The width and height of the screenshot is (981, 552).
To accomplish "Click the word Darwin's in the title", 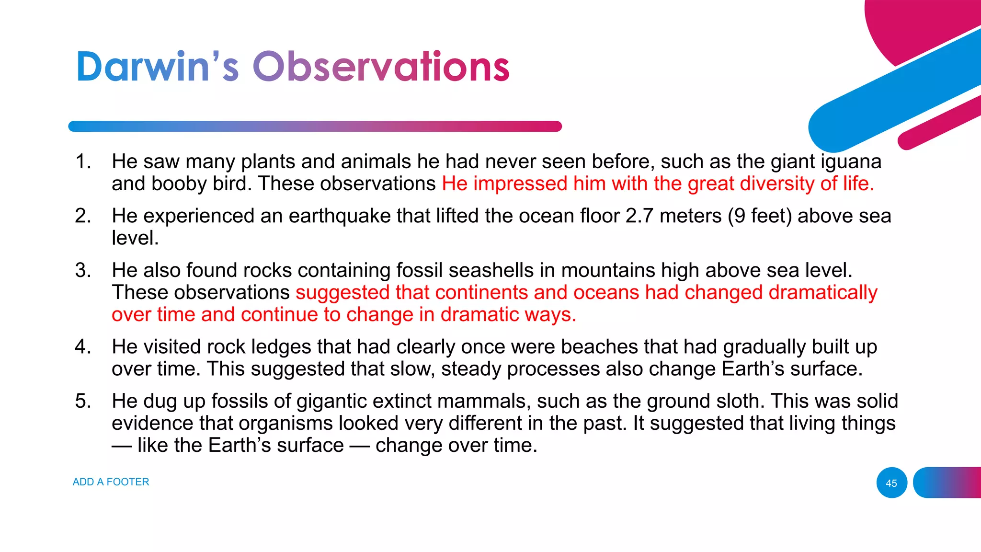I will [157, 67].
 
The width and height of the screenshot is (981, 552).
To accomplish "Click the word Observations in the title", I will [381, 67].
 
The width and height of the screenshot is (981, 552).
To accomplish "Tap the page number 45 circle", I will [891, 483].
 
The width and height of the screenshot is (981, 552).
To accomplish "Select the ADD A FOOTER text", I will [111, 482].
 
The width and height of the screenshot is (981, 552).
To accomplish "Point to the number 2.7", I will [639, 216].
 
